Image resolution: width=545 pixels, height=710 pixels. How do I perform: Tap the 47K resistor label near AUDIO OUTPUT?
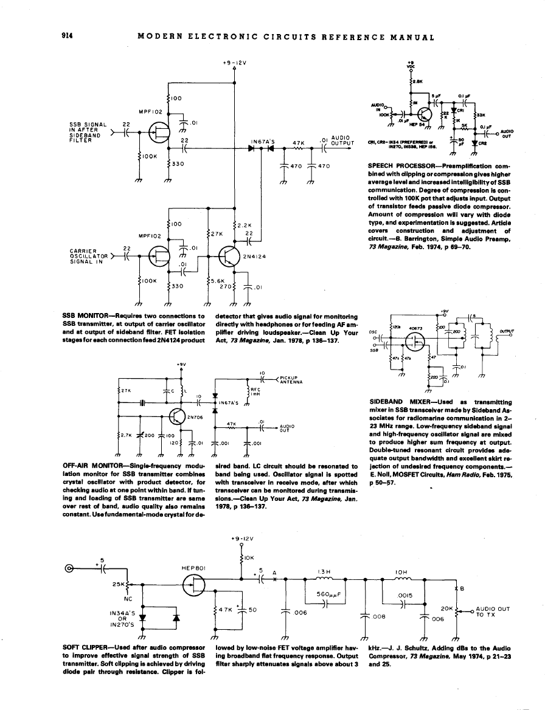point(298,143)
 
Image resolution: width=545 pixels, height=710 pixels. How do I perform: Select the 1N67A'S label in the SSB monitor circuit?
point(263,143)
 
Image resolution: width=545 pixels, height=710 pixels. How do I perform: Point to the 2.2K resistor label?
point(245,225)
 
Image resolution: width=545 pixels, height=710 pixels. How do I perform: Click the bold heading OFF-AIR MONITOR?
point(92,465)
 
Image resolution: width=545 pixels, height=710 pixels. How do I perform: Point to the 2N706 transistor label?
point(195,416)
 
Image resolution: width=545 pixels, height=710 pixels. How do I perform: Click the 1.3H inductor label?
point(323,571)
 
